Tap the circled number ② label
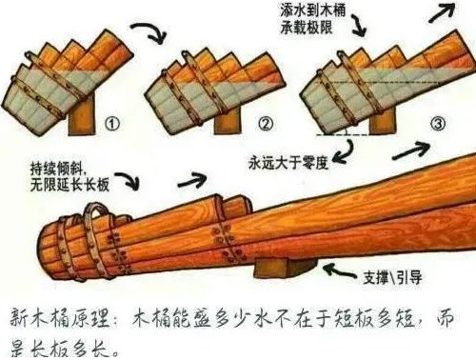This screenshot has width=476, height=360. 266,123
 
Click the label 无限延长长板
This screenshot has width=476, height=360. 69,182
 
